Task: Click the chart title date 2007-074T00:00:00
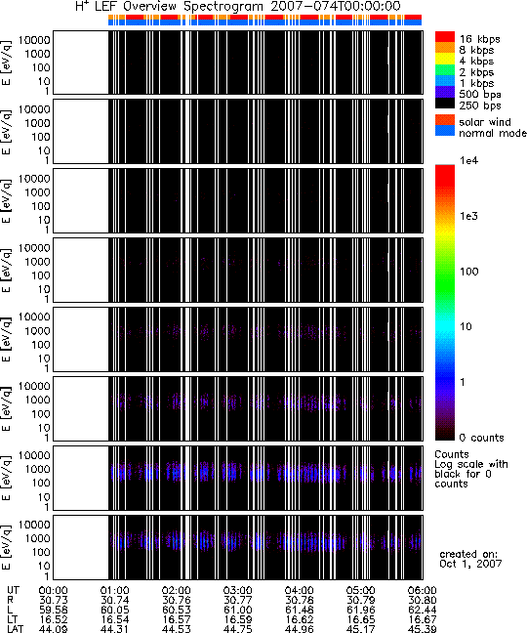tap(333, 6)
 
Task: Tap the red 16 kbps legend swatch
tap(445, 37)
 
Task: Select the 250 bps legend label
tap(480, 105)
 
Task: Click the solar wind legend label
tap(485, 122)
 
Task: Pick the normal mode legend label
tap(493, 133)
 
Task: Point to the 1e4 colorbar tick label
tap(469, 160)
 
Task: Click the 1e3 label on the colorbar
tap(469, 216)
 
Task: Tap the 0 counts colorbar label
tap(482, 438)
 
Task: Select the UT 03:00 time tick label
tap(237, 591)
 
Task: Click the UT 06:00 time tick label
tap(423, 591)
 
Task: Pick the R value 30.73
tap(54, 601)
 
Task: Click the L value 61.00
tap(237, 610)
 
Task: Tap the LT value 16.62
tap(299, 619)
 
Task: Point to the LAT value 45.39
tap(423, 629)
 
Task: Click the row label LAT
tap(16, 629)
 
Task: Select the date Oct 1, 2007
tap(470, 564)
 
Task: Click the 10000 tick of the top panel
tap(34, 40)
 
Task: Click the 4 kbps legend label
tap(476, 62)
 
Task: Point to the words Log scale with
tap(471, 464)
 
